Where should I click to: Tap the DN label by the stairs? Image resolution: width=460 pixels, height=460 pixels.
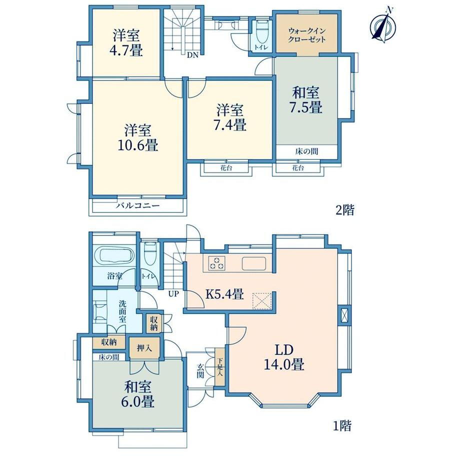click(x=193, y=55)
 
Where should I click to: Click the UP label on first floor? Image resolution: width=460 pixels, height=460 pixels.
click(x=173, y=293)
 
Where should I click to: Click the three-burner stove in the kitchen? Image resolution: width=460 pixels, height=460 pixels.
click(x=217, y=263)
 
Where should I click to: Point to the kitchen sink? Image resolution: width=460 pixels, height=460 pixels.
click(x=254, y=263)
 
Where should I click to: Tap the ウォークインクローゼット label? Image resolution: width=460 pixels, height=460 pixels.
click(x=306, y=35)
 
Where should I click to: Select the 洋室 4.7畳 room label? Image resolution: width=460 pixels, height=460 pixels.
click(x=126, y=43)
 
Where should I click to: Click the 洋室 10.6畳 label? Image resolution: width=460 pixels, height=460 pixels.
click(x=138, y=137)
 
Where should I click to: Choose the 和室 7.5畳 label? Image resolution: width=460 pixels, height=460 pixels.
click(x=306, y=100)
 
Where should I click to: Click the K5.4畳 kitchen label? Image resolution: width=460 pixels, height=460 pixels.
click(x=224, y=293)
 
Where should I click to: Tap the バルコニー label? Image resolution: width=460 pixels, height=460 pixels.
click(x=138, y=205)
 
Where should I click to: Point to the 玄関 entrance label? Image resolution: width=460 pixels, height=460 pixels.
click(x=200, y=371)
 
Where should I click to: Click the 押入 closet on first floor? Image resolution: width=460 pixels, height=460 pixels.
click(x=144, y=348)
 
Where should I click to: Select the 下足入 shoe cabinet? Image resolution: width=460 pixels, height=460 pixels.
click(x=219, y=366)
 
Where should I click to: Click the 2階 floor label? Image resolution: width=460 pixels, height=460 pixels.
click(x=345, y=210)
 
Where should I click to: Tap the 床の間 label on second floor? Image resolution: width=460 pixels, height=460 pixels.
click(x=306, y=151)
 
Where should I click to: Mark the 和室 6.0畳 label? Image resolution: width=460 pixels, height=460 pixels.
click(x=138, y=394)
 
